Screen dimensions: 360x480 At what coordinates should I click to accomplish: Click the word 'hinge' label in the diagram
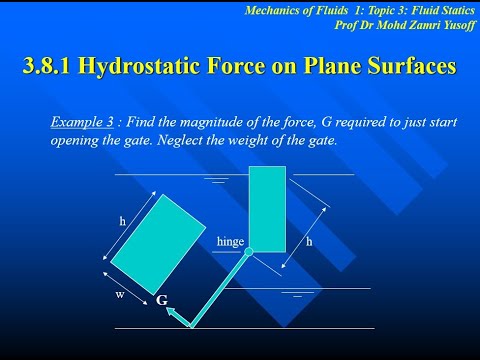tap(230, 242)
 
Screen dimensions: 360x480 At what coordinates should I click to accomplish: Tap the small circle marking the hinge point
tap(249, 252)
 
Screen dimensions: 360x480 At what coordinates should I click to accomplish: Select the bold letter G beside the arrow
tap(161, 300)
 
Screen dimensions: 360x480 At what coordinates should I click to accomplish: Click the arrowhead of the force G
tap(171, 312)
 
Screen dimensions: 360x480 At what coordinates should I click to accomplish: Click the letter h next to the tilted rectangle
tap(122, 218)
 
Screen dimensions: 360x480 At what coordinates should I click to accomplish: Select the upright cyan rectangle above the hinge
tap(267, 208)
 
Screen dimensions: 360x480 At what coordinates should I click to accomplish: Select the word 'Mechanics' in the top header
tap(275, 9)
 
